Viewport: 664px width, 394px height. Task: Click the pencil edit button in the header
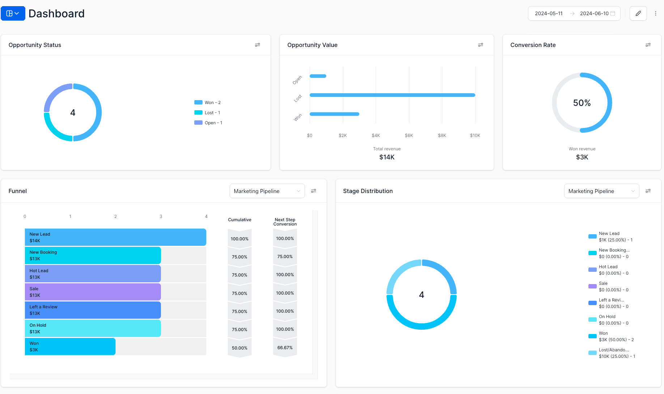638,13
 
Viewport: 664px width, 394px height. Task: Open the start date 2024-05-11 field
549,13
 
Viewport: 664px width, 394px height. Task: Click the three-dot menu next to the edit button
655,13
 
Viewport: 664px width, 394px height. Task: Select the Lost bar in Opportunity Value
392,95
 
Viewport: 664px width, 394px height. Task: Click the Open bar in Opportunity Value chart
318,76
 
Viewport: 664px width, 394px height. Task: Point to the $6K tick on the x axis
409,136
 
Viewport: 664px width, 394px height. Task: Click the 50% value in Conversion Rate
582,103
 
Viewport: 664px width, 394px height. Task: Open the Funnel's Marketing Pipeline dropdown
267,191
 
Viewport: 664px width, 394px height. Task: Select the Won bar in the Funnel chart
70,347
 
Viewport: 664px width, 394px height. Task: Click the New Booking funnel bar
93,256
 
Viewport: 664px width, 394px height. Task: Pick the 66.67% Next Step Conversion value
285,348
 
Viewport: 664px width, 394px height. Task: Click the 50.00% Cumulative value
239,348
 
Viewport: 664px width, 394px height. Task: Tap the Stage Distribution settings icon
648,191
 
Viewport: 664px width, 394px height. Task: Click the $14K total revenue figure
387,157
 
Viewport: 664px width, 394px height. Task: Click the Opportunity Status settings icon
257,45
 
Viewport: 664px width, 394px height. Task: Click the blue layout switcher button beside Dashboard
13,13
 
